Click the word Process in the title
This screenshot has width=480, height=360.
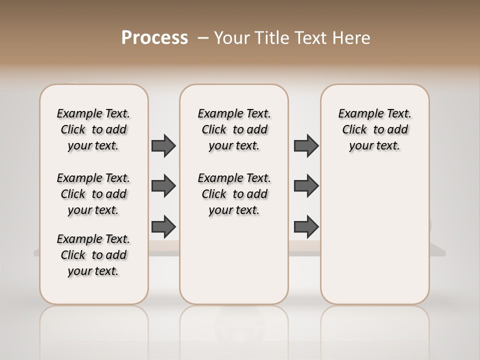(x=154, y=37)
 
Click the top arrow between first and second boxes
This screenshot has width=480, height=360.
(x=163, y=145)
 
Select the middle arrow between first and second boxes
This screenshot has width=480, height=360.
(x=163, y=186)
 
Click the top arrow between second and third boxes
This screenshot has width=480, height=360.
(x=306, y=145)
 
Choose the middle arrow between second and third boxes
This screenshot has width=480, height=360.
(x=306, y=186)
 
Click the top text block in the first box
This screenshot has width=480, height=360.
(x=93, y=129)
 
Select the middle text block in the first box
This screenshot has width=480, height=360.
(x=93, y=194)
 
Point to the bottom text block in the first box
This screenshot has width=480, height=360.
(x=93, y=255)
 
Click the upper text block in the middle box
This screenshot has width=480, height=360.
(x=234, y=129)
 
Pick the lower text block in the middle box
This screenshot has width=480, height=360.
(x=234, y=194)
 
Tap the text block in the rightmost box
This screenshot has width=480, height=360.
(x=374, y=129)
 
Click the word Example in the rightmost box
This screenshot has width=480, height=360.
(x=358, y=114)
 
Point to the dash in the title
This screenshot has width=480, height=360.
(x=202, y=38)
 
